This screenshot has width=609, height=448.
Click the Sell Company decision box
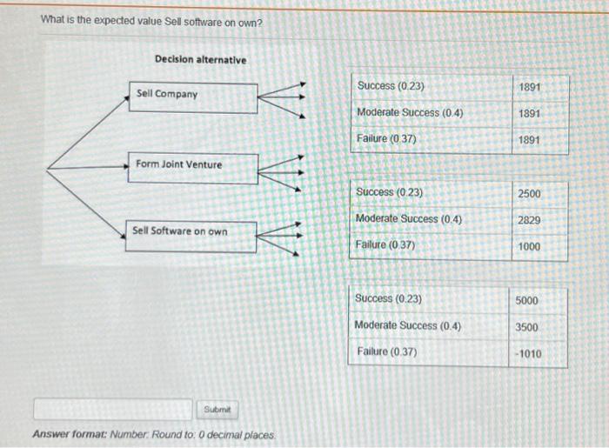195,97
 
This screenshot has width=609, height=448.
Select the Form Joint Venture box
195,167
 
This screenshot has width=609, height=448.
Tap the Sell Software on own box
191,235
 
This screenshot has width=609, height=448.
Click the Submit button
217,409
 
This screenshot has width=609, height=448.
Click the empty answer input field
112,409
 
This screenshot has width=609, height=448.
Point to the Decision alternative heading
200,59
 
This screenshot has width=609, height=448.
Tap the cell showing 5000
526,301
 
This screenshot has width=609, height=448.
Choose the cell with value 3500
526,327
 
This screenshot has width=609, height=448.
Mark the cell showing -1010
526,354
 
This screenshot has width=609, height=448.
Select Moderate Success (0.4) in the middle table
409,219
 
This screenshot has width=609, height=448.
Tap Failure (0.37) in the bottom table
386,352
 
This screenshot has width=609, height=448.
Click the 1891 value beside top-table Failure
529,140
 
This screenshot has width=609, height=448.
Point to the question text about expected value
151,22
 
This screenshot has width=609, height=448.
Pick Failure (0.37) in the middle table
386,245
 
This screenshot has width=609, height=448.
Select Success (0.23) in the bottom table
389,299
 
